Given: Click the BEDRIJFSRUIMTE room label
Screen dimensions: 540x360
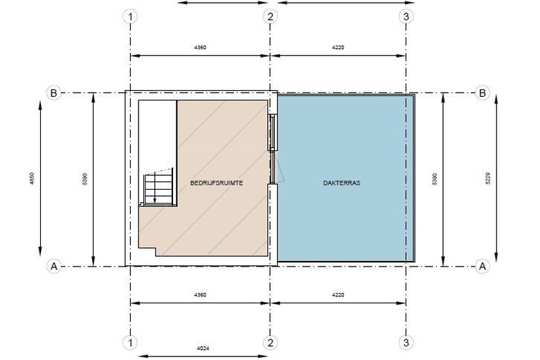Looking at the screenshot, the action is (x=216, y=183).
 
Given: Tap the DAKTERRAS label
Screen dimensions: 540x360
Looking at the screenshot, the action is (x=341, y=183).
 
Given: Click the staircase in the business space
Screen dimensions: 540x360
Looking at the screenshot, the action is (x=159, y=188).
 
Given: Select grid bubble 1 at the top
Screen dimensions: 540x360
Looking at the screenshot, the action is (x=130, y=16).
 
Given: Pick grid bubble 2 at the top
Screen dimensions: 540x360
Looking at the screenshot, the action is (x=270, y=16).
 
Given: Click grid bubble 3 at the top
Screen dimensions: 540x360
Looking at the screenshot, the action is (x=406, y=16).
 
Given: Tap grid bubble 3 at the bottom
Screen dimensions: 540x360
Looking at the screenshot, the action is (x=406, y=343).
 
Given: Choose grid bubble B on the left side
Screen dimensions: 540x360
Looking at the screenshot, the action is (x=54, y=93).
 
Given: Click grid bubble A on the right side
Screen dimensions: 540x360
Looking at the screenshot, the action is (x=482, y=266).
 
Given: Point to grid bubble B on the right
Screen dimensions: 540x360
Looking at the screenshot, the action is (x=482, y=93).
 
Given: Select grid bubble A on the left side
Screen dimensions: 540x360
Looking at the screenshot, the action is (x=54, y=266).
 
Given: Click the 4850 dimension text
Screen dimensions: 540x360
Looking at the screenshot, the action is (x=32, y=179).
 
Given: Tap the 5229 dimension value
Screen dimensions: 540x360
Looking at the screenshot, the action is (x=487, y=179).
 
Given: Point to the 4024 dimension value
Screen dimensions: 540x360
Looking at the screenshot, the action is (x=203, y=348).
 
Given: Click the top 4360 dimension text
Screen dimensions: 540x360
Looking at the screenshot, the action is (x=200, y=47).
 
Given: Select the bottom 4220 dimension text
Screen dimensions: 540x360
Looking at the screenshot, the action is (x=338, y=295).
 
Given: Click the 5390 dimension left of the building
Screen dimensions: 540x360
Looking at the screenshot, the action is (x=85, y=179).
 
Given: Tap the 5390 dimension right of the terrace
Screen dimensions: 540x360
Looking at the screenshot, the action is (x=434, y=179).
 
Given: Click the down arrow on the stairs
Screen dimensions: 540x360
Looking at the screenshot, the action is (x=154, y=188).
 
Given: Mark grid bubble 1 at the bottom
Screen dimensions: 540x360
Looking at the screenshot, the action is (x=130, y=343).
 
